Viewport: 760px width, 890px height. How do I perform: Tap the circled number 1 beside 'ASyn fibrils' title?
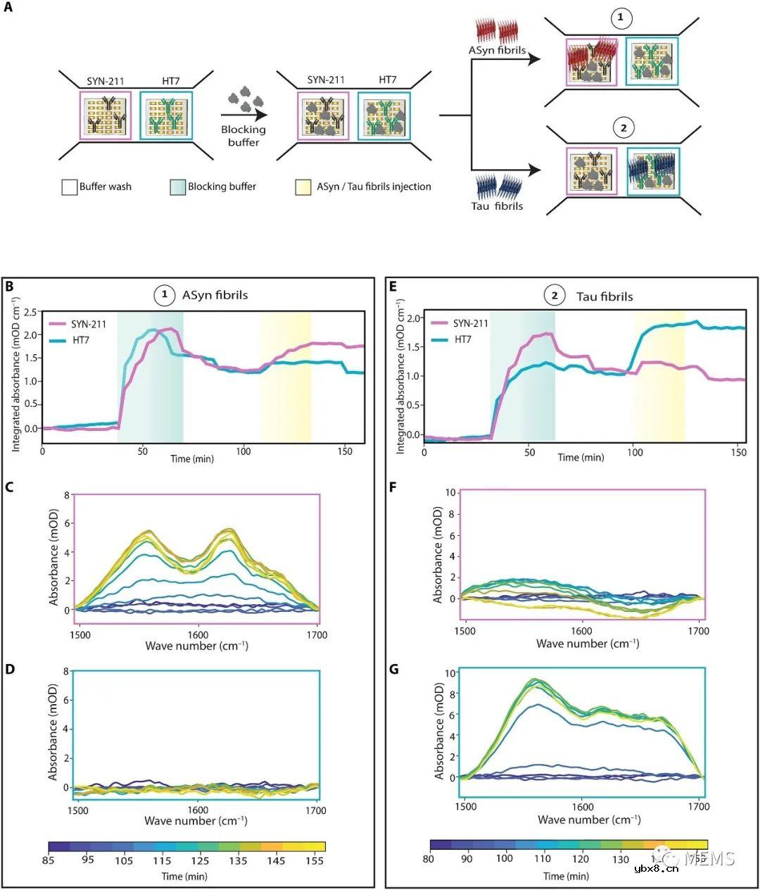(x=165, y=295)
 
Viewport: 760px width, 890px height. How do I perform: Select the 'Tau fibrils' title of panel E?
(x=604, y=296)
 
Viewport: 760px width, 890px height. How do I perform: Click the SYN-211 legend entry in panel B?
(x=88, y=325)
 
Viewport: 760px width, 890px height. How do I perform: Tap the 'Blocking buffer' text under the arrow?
(x=243, y=136)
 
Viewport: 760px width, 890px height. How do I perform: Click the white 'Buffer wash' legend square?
(x=69, y=187)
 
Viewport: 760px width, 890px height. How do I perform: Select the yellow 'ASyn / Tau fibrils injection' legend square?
(x=304, y=187)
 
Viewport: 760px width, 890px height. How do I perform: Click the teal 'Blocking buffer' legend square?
(x=177, y=187)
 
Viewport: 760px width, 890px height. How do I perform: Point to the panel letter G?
(x=394, y=669)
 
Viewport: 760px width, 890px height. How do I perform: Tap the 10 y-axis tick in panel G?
(x=450, y=673)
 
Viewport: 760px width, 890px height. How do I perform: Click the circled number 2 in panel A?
(x=623, y=128)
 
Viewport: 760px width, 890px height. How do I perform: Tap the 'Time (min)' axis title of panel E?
(x=581, y=457)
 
